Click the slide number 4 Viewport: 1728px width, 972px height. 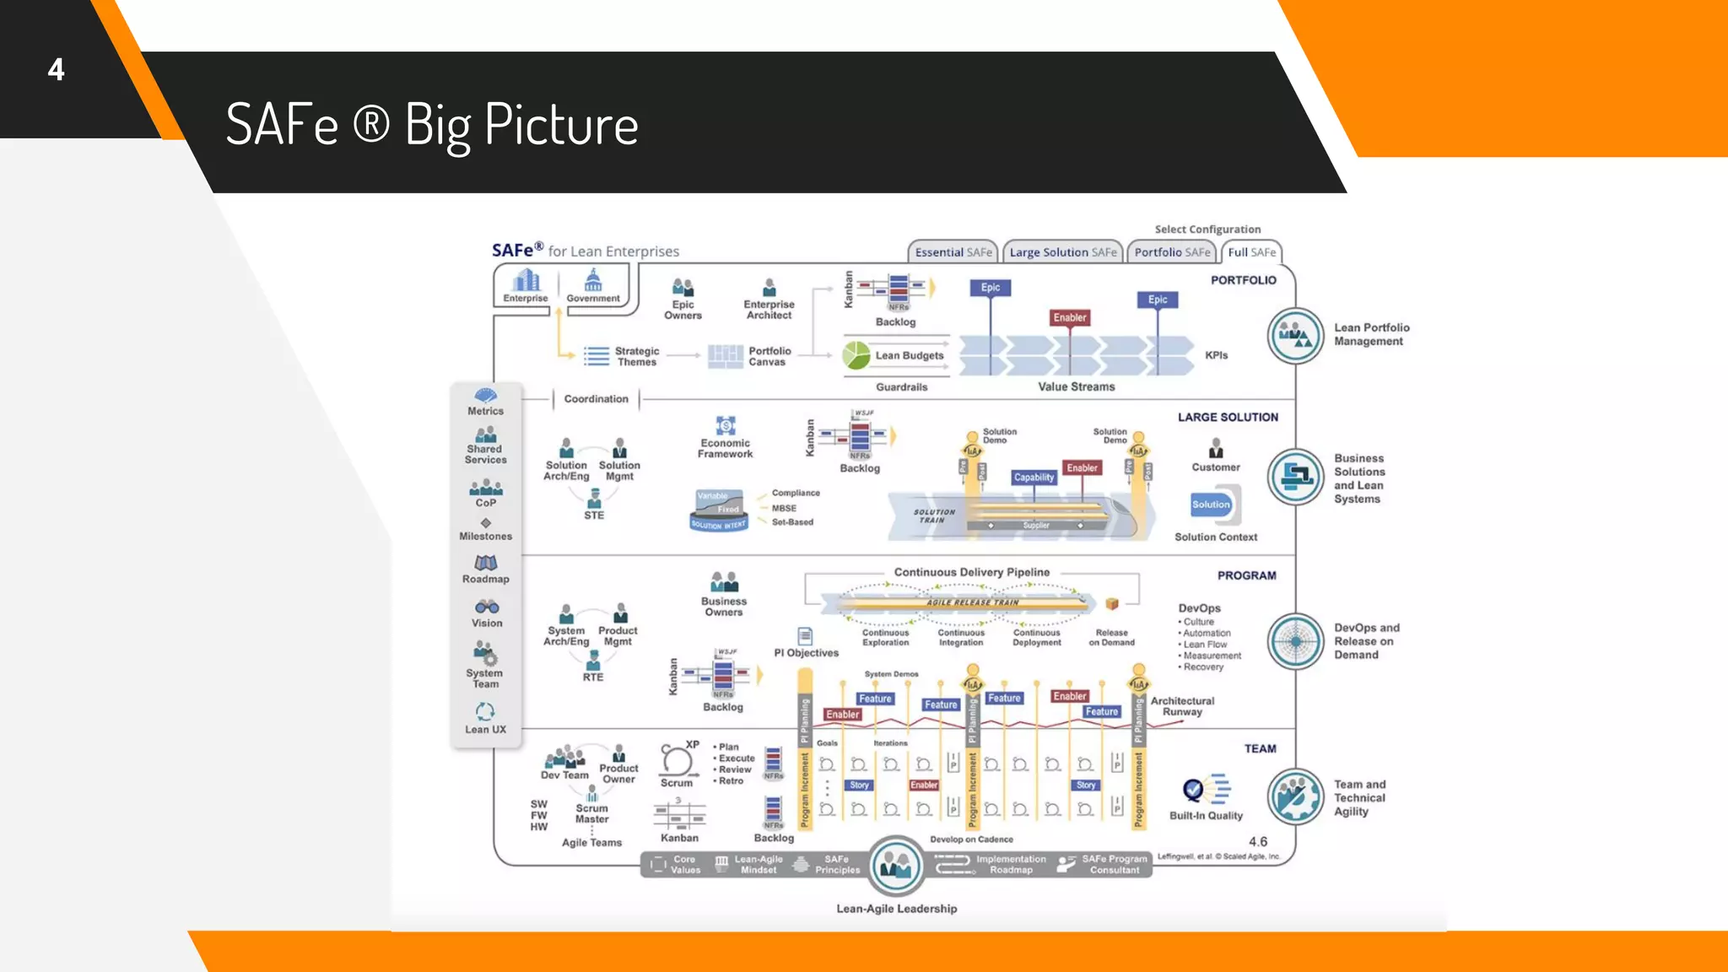tap(56, 69)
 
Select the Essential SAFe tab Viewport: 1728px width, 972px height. tap(953, 252)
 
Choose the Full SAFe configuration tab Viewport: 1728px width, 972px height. tap(1251, 252)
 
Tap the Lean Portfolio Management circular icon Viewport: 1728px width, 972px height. tap(1295, 336)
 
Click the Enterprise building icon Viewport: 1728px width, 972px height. tap(526, 280)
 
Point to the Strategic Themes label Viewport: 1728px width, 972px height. tap(636, 356)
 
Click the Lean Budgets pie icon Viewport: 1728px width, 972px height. tap(856, 355)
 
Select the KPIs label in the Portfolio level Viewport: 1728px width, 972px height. tap(1216, 355)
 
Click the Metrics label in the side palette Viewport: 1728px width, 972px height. tap(485, 411)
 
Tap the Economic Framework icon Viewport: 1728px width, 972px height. tap(726, 425)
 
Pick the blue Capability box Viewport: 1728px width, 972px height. tap(1034, 478)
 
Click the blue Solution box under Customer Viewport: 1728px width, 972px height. tap(1211, 505)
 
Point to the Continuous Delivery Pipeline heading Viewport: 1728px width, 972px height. tap(971, 572)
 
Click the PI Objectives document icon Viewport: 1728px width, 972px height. tap(805, 636)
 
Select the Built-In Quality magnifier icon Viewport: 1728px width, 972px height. tap(1193, 790)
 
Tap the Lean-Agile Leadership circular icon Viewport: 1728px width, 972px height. tap(895, 866)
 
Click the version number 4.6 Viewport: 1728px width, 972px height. tap(1257, 841)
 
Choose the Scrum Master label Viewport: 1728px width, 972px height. tap(591, 813)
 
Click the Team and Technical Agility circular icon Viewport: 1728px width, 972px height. tap(1295, 796)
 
